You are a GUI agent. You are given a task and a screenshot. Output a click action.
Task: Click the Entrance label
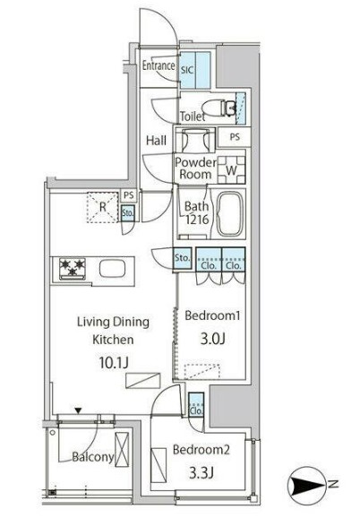(x=159, y=65)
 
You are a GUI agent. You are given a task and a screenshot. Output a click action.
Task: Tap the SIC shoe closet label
(x=187, y=70)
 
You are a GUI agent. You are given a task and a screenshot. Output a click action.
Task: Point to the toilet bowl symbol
(x=219, y=108)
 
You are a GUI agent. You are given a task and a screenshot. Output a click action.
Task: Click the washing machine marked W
(x=231, y=169)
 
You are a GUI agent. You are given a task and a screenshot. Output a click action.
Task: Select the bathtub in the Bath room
(x=231, y=212)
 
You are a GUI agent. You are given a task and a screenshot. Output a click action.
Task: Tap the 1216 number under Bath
(x=197, y=219)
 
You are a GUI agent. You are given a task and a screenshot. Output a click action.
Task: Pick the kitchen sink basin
(x=113, y=269)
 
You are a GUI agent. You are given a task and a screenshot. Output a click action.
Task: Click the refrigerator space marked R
(x=103, y=207)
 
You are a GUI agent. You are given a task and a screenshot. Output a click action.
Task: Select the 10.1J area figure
(x=114, y=363)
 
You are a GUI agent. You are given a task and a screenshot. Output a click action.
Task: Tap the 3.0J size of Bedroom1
(x=213, y=338)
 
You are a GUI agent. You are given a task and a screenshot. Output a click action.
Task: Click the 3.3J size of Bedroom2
(x=201, y=472)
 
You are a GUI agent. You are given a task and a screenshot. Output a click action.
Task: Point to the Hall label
(x=156, y=140)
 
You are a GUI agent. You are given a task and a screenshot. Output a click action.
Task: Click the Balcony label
(x=93, y=457)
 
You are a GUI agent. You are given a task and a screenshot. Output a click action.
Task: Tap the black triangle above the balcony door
(x=78, y=411)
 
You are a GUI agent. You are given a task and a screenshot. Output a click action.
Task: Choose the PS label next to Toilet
(x=235, y=137)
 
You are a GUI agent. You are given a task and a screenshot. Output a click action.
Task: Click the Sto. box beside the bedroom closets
(x=183, y=258)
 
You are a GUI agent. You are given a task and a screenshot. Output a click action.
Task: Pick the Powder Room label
(x=195, y=168)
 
